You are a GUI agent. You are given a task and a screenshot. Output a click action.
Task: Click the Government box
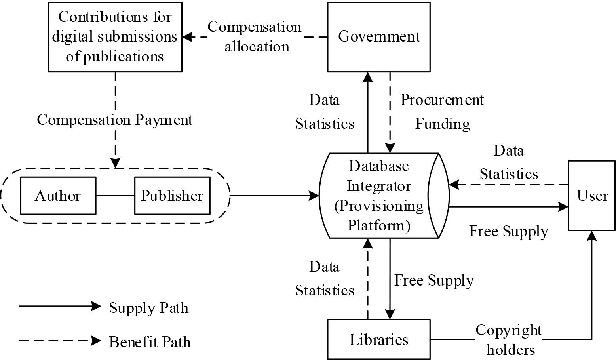pyautogui.click(x=378, y=37)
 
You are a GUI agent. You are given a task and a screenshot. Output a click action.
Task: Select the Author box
pyautogui.click(x=58, y=196)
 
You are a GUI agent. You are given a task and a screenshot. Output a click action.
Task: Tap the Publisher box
pyautogui.click(x=172, y=196)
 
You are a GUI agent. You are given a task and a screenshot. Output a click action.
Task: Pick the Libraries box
pyautogui.click(x=378, y=339)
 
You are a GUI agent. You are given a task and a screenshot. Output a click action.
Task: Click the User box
pyautogui.click(x=591, y=196)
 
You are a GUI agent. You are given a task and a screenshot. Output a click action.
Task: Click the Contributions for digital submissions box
pyautogui.click(x=115, y=37)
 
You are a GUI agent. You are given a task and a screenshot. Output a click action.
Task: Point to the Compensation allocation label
pyautogui.click(x=255, y=36)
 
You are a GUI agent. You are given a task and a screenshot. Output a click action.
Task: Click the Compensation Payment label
pyautogui.click(x=115, y=120)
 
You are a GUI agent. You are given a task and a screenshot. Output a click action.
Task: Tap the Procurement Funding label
pyautogui.click(x=442, y=112)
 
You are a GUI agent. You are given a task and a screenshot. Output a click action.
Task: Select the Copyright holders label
pyautogui.click(x=509, y=339)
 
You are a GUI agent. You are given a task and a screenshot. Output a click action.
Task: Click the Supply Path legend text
pyautogui.click(x=148, y=308)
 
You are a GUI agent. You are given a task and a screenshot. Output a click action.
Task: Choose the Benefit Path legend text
pyautogui.click(x=150, y=342)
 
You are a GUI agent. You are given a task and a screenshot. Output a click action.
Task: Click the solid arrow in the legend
pyautogui.click(x=59, y=306)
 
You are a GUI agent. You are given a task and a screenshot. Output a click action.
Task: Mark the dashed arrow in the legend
pyautogui.click(x=59, y=340)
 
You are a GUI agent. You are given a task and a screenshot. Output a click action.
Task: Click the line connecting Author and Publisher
pyautogui.click(x=115, y=196)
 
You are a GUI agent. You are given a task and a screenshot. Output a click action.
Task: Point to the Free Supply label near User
pyautogui.click(x=508, y=231)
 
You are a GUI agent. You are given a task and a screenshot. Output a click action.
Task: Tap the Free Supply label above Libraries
pyautogui.click(x=434, y=280)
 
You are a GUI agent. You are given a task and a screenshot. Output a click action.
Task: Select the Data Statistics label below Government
pyautogui.click(x=325, y=112)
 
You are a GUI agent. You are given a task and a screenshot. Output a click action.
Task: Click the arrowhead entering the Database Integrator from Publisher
pyautogui.click(x=314, y=196)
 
